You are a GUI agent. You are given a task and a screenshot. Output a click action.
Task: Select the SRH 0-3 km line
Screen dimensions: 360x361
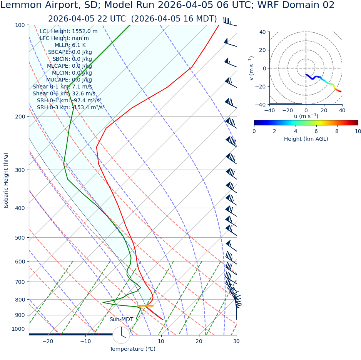70,107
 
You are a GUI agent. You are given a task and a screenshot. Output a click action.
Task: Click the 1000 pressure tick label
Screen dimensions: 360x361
18,329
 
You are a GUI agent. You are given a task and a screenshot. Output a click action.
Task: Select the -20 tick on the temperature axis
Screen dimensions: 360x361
48,341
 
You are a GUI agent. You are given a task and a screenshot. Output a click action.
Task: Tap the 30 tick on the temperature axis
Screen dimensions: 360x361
236,341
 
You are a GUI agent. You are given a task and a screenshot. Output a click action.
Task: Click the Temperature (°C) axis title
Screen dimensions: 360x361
132,349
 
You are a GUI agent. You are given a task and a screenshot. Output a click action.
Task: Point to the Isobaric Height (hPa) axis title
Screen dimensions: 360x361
6,180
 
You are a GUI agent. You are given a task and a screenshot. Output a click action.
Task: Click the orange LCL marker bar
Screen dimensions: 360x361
145,306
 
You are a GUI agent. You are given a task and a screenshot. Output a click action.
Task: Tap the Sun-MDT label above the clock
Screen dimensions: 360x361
121,320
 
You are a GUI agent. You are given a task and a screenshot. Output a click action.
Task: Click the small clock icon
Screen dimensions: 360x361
121,335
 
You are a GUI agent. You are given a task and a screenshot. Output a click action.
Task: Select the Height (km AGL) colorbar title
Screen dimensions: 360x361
306,139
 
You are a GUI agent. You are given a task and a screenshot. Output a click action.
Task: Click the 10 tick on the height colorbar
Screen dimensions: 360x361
358,131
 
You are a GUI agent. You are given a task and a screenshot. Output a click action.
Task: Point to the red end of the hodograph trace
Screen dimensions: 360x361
341,92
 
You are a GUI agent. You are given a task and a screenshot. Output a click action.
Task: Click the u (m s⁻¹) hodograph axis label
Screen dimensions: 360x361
306,116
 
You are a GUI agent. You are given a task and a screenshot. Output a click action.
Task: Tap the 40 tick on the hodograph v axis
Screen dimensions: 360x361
262,32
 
